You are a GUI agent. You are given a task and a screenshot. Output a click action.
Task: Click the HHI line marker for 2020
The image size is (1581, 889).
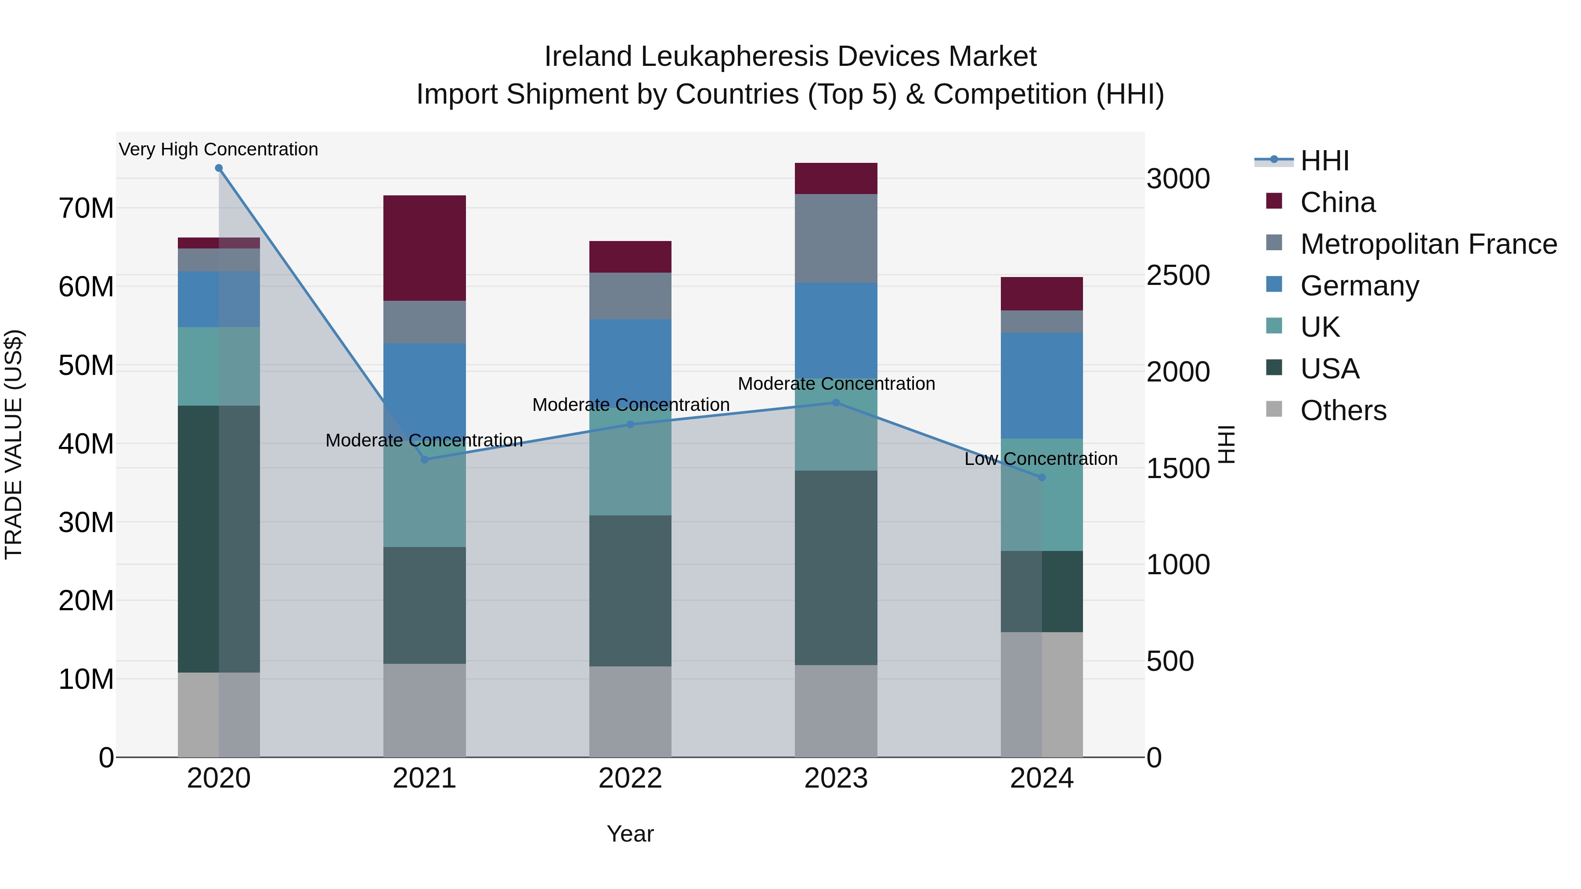(x=219, y=168)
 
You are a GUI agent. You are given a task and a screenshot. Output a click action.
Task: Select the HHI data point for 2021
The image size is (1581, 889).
(x=424, y=460)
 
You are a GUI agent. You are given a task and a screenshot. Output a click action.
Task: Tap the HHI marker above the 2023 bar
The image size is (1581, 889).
(x=836, y=403)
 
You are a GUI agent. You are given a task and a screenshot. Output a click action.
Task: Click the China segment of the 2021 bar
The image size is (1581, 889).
(x=424, y=248)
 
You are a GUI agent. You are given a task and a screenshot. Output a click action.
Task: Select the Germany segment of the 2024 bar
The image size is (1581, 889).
(x=1042, y=385)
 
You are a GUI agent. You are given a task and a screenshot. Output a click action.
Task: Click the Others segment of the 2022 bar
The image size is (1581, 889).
(x=630, y=712)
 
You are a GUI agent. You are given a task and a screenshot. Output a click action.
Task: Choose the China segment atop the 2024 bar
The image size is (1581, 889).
(x=1042, y=293)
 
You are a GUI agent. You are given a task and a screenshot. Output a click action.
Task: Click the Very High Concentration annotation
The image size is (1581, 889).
(x=219, y=150)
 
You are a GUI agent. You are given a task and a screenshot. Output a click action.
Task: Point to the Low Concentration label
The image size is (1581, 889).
(x=1041, y=459)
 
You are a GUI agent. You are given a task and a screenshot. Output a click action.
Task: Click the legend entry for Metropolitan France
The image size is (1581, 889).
(x=1428, y=244)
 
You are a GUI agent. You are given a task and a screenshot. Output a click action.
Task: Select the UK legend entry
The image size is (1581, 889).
(x=1320, y=327)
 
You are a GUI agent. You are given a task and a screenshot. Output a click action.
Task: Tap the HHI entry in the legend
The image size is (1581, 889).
(x=1325, y=161)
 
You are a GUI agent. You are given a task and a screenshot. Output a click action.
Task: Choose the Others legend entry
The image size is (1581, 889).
(x=1343, y=410)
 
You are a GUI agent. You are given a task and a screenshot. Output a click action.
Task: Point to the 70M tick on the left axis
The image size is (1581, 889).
(x=86, y=209)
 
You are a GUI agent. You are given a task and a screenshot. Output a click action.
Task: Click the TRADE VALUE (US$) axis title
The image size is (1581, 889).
(x=14, y=444)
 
